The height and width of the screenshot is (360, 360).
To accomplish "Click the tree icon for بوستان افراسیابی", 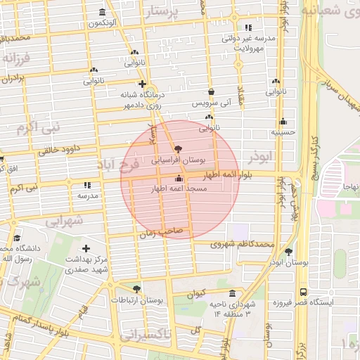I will [177, 149].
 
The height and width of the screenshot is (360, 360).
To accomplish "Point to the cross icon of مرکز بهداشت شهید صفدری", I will [86, 248].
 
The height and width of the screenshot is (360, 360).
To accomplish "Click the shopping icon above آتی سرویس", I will [211, 91].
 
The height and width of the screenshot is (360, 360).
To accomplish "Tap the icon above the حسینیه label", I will [283, 121].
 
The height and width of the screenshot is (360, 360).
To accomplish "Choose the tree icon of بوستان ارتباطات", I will [136, 288].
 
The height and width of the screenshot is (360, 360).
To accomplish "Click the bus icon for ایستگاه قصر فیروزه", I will [303, 291].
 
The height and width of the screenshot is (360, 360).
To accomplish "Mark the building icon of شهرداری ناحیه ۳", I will [232, 293].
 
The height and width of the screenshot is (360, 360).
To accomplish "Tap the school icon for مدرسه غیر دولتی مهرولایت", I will [247, 28].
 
